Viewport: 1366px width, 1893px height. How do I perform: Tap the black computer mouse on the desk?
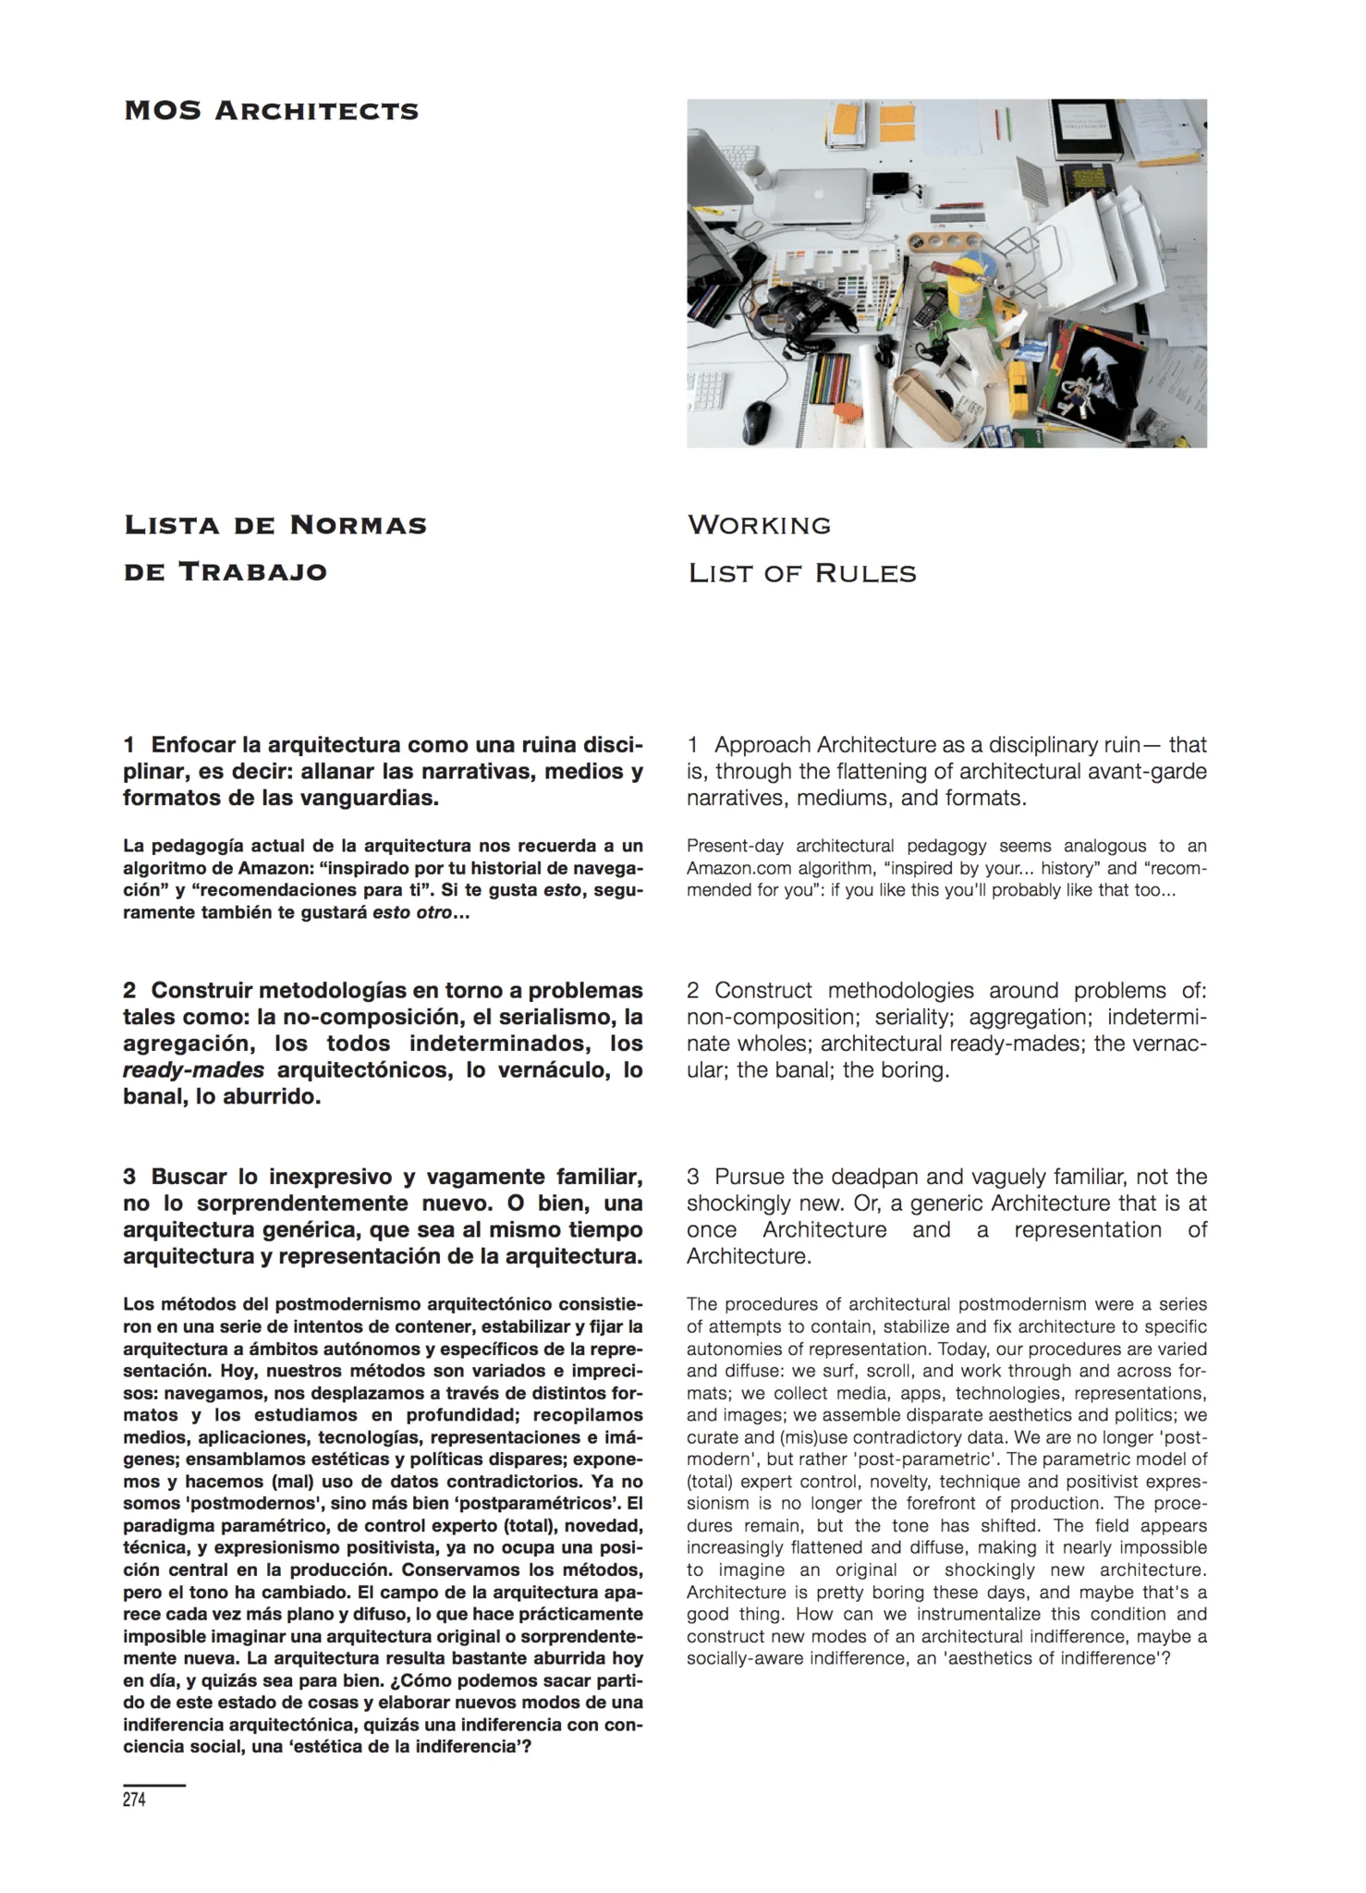coord(758,420)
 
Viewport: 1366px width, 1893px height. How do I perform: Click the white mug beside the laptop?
coord(755,172)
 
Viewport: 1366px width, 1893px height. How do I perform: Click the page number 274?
coord(134,1800)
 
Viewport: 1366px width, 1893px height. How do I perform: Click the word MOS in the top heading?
coord(163,112)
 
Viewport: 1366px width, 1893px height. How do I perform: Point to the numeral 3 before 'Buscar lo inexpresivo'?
coord(129,1177)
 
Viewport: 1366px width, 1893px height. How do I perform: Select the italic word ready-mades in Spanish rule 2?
coord(193,1070)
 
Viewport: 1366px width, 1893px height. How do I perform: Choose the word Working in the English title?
coord(759,526)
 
